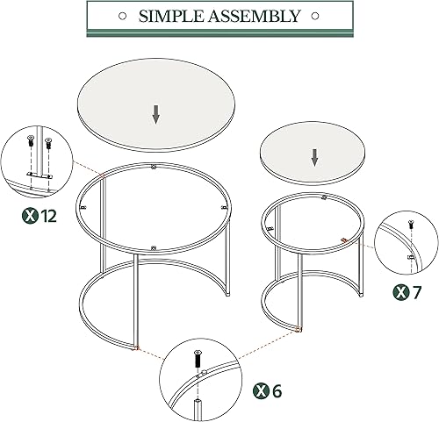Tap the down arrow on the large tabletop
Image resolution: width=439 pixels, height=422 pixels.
[x=156, y=113]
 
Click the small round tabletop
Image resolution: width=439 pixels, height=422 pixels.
[x=314, y=151]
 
